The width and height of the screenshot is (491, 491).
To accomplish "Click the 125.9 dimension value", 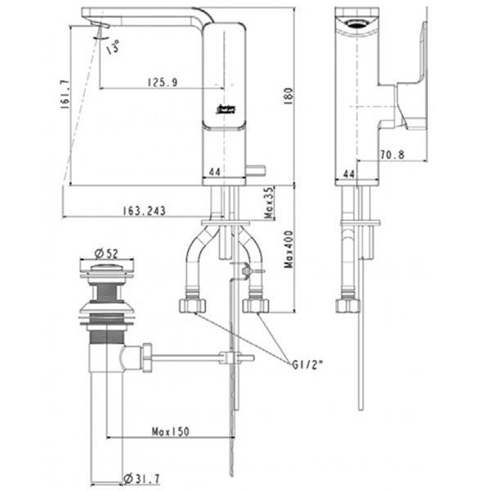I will pyautogui.click(x=163, y=82).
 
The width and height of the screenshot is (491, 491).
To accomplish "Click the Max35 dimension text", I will pyautogui.click(x=268, y=201).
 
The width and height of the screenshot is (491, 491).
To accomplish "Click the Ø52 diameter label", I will pyautogui.click(x=103, y=251).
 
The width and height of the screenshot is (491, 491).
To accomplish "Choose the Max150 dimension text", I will pyautogui.click(x=171, y=430).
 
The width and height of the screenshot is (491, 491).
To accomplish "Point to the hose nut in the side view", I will pyautogui.click(x=348, y=305).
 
